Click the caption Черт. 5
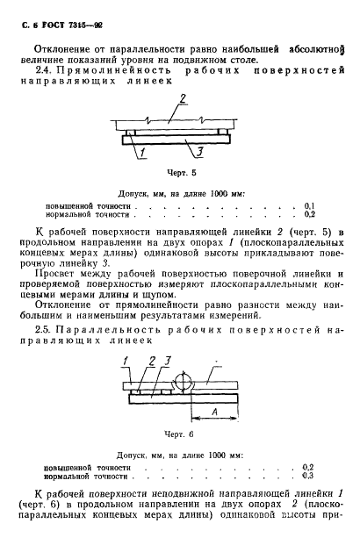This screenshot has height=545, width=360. (182, 174)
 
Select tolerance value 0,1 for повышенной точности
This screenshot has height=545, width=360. (309, 204)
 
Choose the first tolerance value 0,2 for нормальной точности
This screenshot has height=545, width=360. (309, 213)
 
